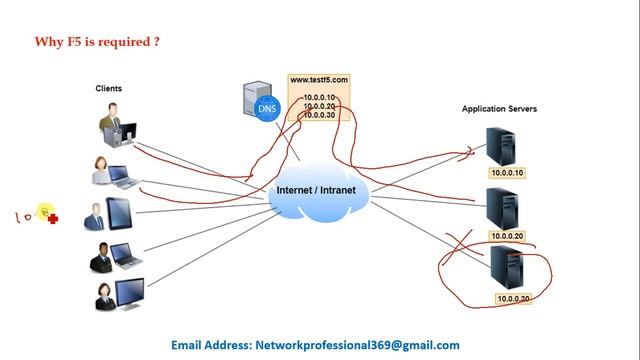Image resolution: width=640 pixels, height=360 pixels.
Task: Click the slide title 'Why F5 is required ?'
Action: [97, 42]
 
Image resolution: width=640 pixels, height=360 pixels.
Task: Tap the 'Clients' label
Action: [109, 89]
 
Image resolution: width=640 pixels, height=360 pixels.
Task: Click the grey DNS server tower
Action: [252, 100]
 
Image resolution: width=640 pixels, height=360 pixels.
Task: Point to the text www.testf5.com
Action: [319, 79]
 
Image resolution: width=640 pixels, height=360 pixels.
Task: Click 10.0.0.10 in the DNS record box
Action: [319, 97]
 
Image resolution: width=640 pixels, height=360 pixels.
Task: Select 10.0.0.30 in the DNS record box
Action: [319, 115]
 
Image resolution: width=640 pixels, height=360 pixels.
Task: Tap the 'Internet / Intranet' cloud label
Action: [316, 190]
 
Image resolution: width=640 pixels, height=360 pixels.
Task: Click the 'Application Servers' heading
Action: [499, 108]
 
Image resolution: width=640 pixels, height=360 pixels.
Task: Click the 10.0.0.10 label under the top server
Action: [505, 173]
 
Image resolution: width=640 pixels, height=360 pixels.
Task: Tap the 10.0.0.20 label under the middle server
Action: [507, 236]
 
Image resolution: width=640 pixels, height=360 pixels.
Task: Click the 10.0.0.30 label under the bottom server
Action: [513, 299]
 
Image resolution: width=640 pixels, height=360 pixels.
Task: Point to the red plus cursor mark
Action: [52, 218]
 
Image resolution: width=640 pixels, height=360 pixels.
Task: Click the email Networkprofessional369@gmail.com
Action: [357, 344]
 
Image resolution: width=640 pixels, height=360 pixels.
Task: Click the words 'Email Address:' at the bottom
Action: [211, 344]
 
